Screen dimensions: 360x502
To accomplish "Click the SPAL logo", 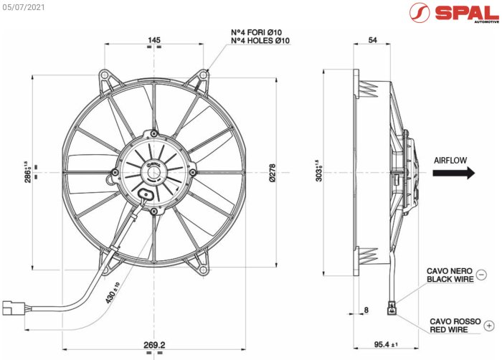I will (451, 14).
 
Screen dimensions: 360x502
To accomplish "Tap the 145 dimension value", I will (153, 40).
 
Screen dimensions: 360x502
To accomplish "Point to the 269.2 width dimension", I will (153, 346).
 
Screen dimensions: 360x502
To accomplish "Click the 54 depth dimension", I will (371, 41).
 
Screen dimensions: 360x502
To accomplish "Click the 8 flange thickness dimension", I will (366, 310).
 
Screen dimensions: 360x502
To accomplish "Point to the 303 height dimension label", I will (318, 172).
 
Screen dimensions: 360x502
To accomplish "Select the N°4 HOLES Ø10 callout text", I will (260, 42).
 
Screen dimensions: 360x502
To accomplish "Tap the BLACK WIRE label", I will (450, 279).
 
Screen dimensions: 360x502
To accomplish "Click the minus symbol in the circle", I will (481, 275).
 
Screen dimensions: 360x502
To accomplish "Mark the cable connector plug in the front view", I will (12, 307).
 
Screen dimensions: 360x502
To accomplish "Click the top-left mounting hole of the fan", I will (105, 75).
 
